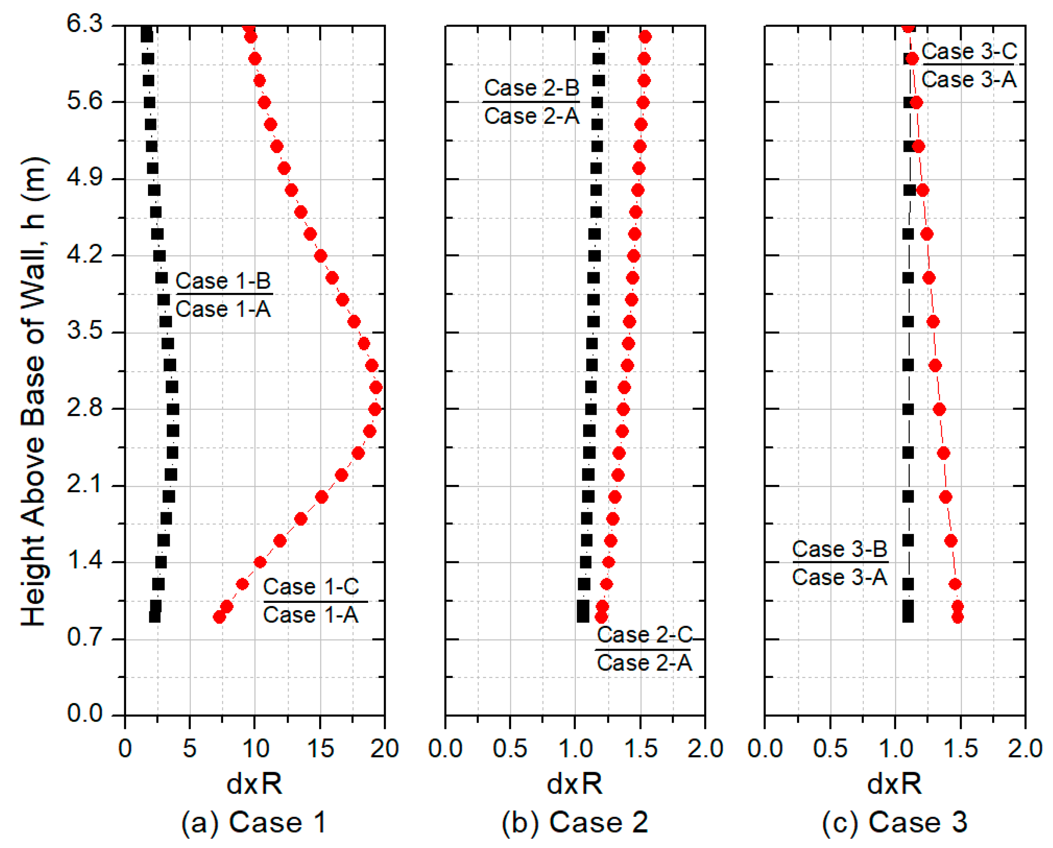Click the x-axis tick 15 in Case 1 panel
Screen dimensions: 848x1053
tap(320, 748)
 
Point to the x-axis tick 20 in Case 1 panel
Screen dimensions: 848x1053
tap(384, 748)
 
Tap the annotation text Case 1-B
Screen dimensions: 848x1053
tap(223, 281)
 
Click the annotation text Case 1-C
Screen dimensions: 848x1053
tap(311, 586)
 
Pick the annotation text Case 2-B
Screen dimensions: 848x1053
tap(532, 88)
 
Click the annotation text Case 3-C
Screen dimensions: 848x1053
tap(969, 51)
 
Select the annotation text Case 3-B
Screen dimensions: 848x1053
tap(839, 549)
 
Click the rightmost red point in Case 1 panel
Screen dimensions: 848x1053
tap(375, 387)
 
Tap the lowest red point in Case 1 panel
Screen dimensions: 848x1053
tap(219, 617)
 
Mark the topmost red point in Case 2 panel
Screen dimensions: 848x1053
tap(645, 37)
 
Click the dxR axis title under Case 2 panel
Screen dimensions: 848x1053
tap(575, 784)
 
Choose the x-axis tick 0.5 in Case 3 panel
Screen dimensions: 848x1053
tap(830, 748)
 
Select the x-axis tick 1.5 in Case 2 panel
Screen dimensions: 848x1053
tap(640, 748)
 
